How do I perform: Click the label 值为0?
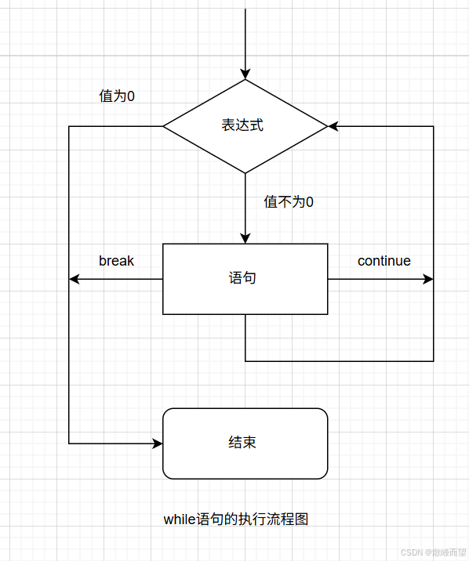click(117, 96)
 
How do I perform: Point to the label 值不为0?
click(289, 202)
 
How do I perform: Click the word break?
click(116, 261)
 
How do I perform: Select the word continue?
click(384, 261)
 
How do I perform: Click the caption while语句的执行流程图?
click(242, 519)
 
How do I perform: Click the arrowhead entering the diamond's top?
click(245, 74)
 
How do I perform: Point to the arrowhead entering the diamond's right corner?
click(333, 126)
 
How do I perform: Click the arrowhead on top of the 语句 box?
click(245, 238)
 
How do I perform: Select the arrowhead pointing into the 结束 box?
click(158, 443)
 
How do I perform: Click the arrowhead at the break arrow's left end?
click(75, 279)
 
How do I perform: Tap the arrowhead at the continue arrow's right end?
click(428, 279)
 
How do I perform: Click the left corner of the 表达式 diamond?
click(163, 126)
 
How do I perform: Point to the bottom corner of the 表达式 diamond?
click(245, 172)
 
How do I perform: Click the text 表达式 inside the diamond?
click(242, 125)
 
